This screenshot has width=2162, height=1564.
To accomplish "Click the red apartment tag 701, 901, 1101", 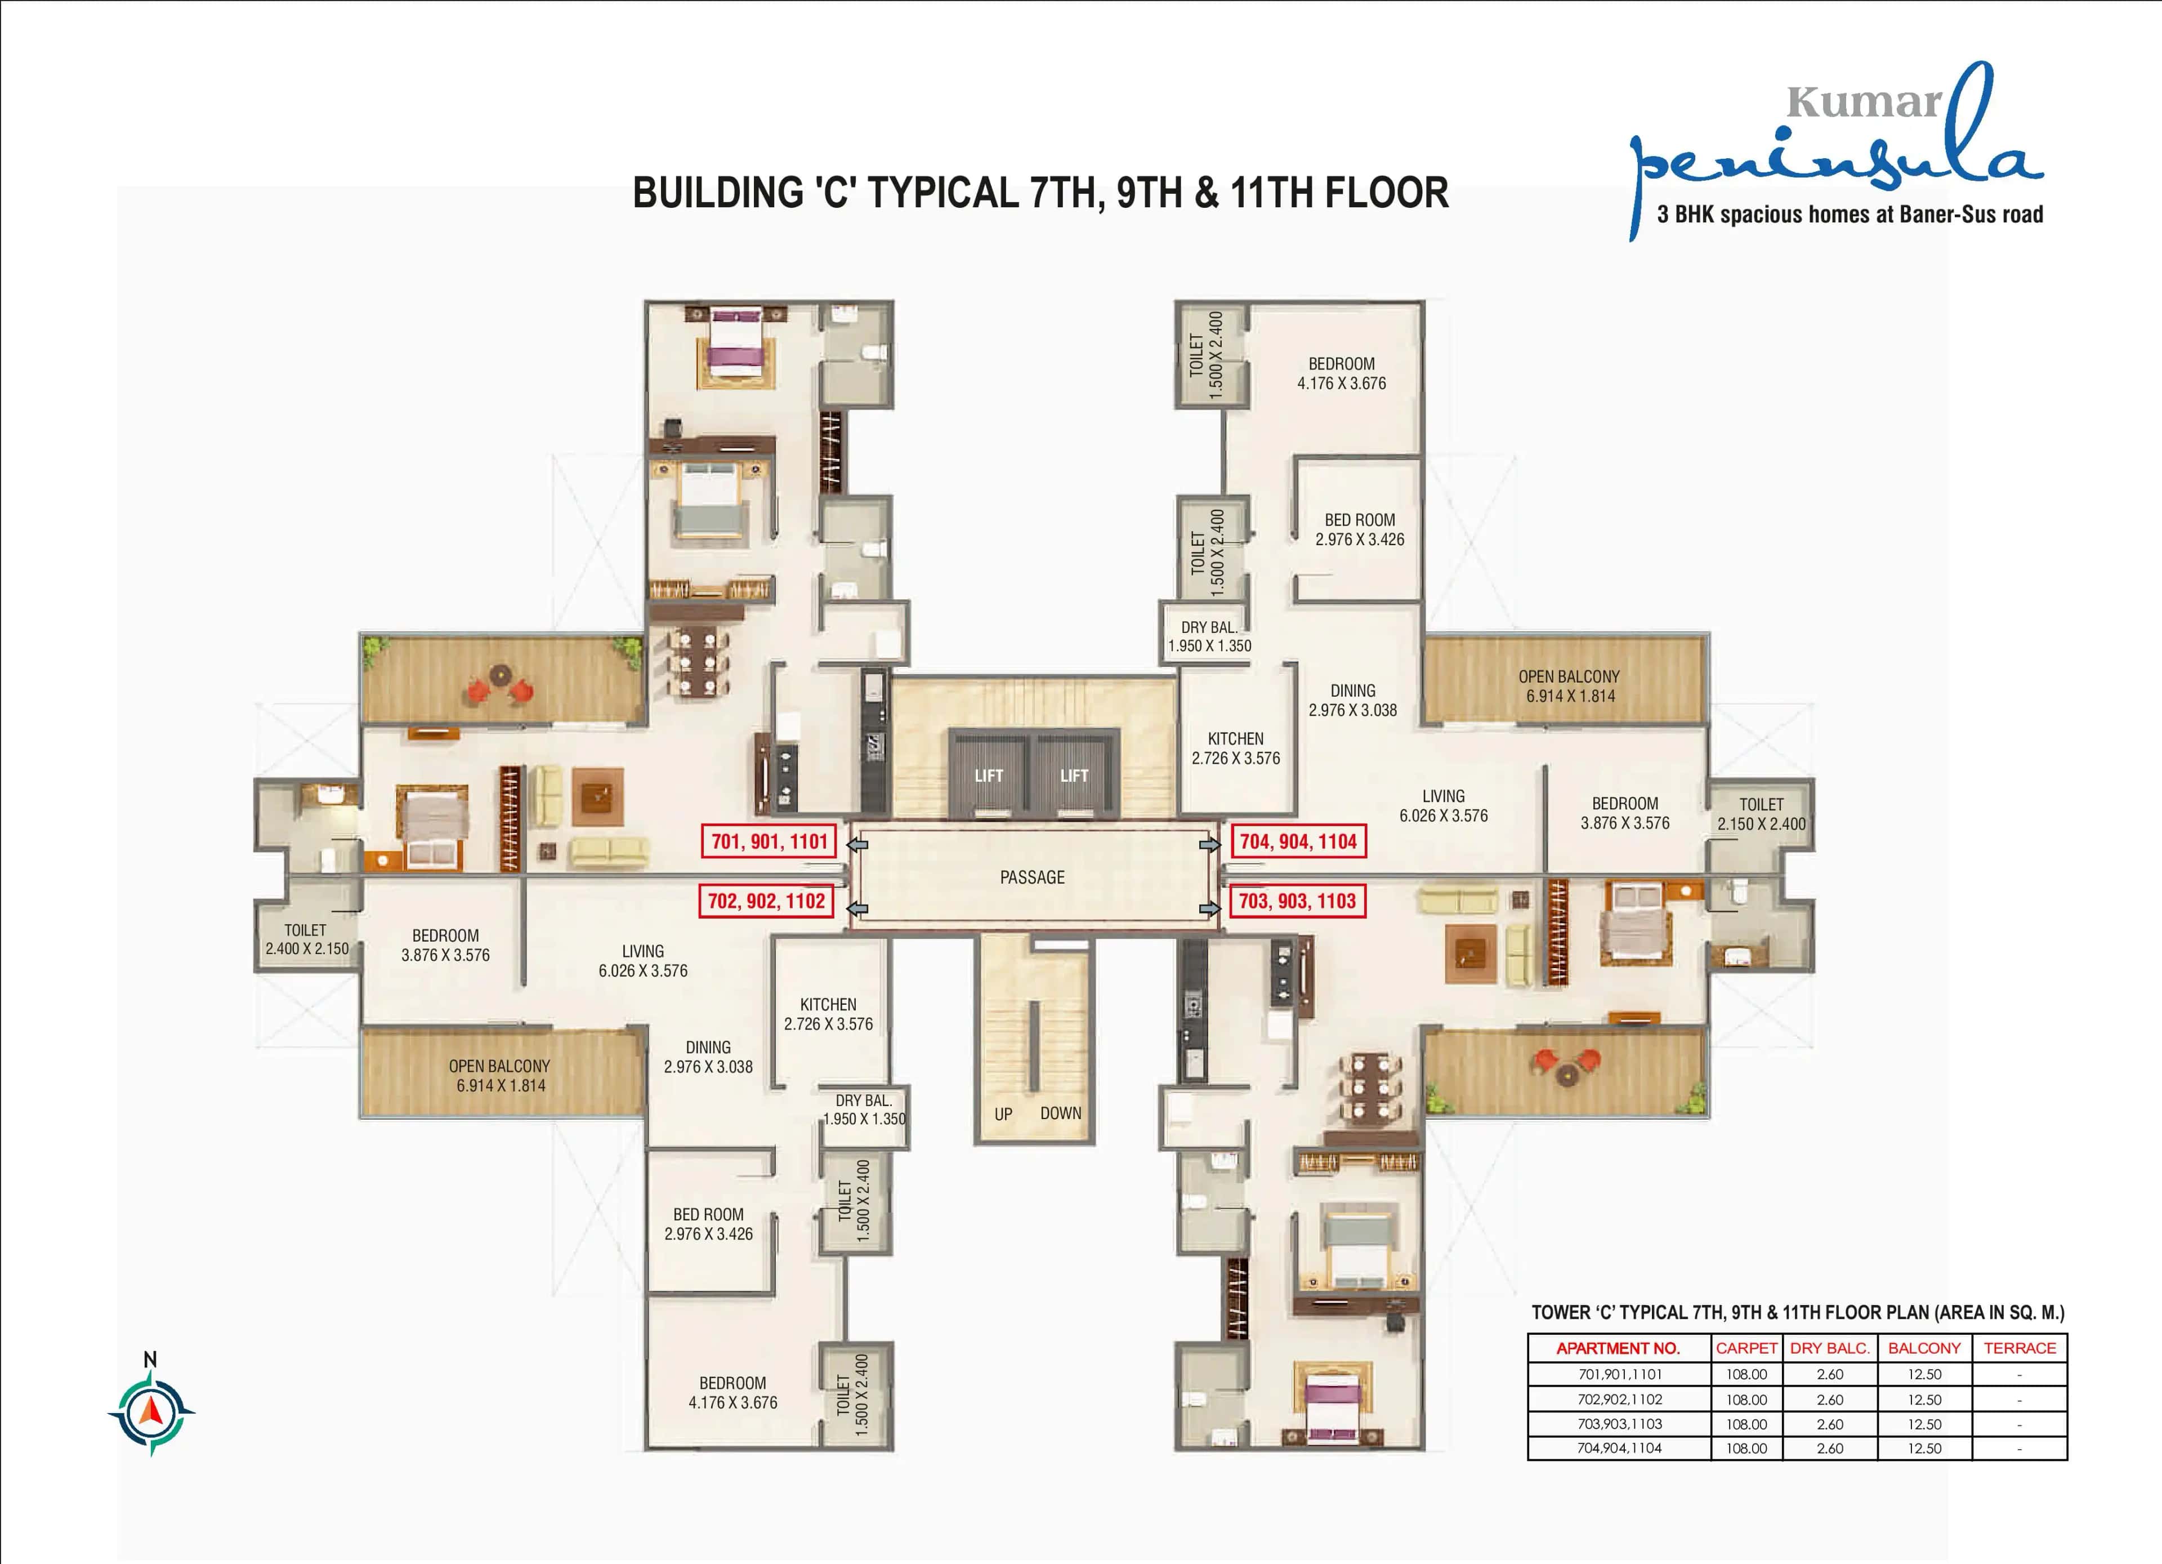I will (769, 841).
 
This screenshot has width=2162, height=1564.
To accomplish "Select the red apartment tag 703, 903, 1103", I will (1297, 901).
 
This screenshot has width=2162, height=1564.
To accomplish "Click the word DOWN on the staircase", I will (1060, 1113).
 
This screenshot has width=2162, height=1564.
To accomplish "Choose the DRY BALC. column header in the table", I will (1829, 1348).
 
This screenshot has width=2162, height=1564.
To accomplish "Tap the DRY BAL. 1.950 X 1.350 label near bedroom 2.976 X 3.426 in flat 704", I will (1209, 636).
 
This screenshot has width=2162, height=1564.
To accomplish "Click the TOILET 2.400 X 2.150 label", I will (306, 939).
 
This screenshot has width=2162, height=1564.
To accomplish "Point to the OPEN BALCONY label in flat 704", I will (1569, 685).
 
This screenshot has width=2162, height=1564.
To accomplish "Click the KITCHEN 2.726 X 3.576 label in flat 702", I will (828, 1014).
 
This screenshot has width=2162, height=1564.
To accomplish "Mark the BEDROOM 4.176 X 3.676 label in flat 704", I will (1341, 373).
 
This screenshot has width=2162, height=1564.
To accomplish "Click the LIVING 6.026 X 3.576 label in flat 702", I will (642, 960).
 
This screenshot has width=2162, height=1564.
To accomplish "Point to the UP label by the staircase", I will (1003, 1113).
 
